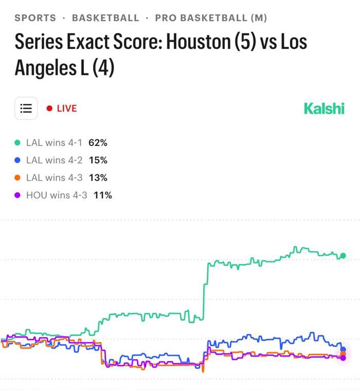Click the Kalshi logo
(x=324, y=108)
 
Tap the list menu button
(x=26, y=108)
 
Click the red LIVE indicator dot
(x=49, y=108)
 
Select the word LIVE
(x=67, y=108)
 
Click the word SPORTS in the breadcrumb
(x=35, y=18)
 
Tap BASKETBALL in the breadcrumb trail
(x=105, y=18)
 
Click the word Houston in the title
(x=199, y=42)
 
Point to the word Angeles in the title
(x=46, y=68)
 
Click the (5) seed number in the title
(x=245, y=42)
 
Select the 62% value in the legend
(x=98, y=143)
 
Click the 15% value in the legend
(x=98, y=160)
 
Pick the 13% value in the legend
(x=98, y=178)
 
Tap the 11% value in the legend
(x=103, y=195)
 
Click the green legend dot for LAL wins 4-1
(x=17, y=143)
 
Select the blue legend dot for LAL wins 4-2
(x=17, y=160)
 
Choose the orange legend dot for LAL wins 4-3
(x=17, y=178)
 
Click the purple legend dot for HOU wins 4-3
(x=17, y=195)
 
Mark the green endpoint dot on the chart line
(x=343, y=256)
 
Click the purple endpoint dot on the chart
(x=343, y=358)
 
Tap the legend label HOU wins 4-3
(x=57, y=195)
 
